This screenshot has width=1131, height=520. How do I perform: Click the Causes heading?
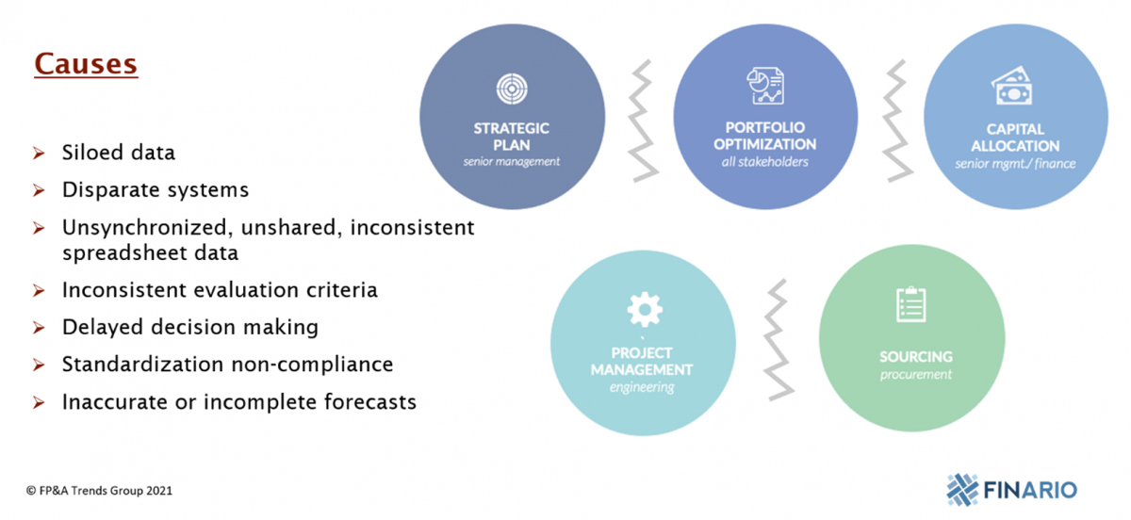86,64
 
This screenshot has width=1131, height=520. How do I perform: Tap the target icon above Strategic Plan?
512,89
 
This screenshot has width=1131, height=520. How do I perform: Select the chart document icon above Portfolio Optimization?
765,86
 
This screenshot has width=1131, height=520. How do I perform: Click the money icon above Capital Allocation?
1011,86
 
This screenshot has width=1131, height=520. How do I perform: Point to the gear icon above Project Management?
645,309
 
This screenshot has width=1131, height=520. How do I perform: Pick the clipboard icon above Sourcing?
910,304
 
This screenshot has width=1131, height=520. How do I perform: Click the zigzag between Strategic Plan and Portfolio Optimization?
643,121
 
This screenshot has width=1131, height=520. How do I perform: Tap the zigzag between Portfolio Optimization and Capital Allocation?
897,121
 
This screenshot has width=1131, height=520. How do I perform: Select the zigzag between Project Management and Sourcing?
779,340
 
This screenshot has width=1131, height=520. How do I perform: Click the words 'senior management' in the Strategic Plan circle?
512,161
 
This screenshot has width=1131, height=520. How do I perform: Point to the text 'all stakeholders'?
764,161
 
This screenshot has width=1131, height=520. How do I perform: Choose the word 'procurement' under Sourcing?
915,375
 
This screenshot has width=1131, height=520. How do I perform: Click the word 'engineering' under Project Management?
642,387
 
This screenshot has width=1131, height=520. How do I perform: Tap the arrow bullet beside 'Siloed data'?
39,153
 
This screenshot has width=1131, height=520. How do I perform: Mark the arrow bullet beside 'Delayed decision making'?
39,328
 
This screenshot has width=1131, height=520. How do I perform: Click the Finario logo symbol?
962,489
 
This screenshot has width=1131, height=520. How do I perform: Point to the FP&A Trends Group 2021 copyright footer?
100,491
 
